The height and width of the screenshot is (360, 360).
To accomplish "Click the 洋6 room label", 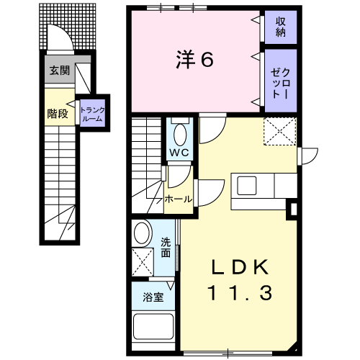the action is [194, 60].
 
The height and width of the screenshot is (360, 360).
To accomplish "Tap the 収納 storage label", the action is [281, 27].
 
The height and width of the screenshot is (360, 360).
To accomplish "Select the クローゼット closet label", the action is [281, 83].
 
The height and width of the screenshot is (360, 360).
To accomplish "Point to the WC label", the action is [180, 153].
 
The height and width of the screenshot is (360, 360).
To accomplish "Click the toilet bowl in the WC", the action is [180, 135].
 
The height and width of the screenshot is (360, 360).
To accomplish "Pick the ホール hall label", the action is [179, 199].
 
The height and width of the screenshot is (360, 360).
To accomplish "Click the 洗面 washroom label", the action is [166, 247].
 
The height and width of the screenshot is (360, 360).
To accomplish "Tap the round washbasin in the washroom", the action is [143, 233].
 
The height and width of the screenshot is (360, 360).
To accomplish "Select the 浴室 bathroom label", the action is [153, 297].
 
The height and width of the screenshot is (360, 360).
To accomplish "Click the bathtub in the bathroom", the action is [153, 326].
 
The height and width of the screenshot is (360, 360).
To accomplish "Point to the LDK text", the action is [240, 267].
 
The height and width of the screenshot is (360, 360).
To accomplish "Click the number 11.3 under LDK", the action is [240, 292].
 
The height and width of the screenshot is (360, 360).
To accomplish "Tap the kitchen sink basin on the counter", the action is [247, 186].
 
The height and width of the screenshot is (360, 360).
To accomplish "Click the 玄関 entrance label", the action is [60, 71].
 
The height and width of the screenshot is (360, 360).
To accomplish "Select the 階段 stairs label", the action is [58, 114].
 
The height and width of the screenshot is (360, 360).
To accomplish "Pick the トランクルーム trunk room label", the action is [92, 114].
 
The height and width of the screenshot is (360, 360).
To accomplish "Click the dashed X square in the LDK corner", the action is [280, 131].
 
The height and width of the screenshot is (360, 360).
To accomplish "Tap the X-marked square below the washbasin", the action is [143, 262].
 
